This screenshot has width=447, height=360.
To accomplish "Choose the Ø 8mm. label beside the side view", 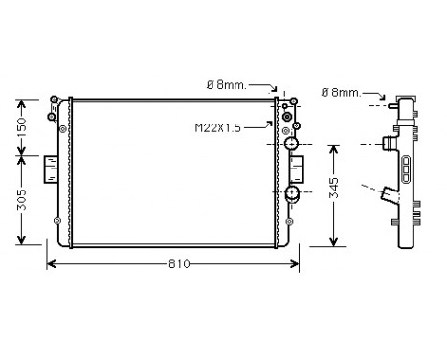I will pyautogui.click(x=341, y=92).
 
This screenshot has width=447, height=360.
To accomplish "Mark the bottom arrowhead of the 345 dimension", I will pyautogui.click(x=331, y=241).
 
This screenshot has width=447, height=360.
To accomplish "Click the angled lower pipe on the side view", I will pyautogui.click(x=390, y=198).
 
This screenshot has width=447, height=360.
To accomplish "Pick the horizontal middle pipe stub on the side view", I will pyautogui.click(x=389, y=144).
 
